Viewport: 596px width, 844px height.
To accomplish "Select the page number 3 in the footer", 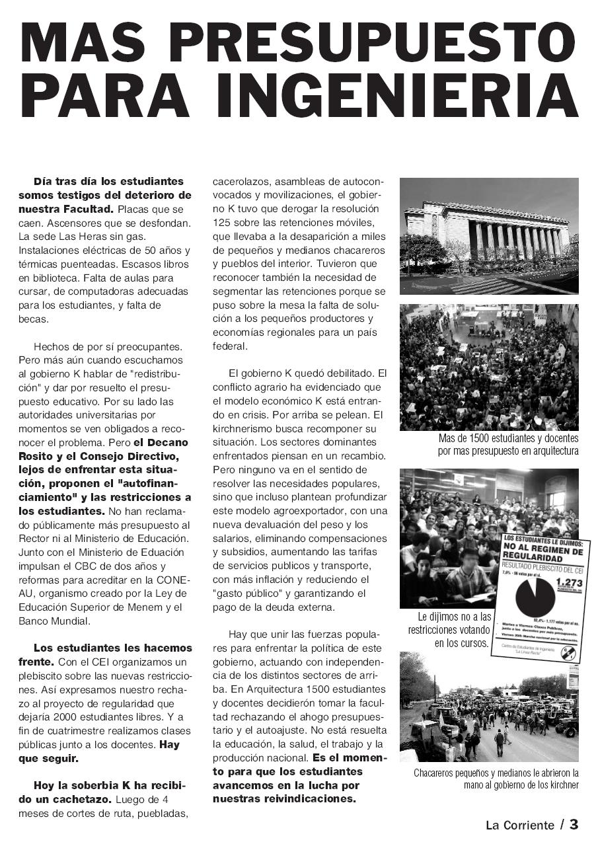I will pyautogui.click(x=574, y=824).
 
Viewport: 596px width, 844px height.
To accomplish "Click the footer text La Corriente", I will pyautogui.click(x=520, y=825).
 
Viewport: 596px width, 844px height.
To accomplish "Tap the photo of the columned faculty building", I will pyautogui.click(x=489, y=235).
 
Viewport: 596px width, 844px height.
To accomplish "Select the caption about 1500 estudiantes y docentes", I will pyautogui.click(x=507, y=445).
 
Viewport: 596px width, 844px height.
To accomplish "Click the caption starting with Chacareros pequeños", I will pyautogui.click(x=496, y=779).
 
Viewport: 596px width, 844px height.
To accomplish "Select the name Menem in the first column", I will pyautogui.click(x=143, y=607).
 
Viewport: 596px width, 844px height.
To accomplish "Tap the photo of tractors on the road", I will pyautogui.click(x=489, y=707).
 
